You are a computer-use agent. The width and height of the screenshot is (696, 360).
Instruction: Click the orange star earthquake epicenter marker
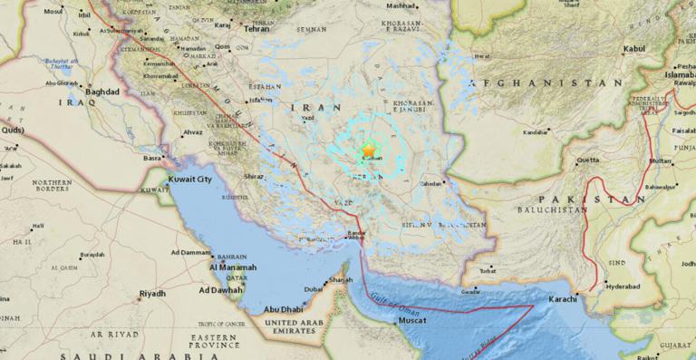click(x=368, y=151)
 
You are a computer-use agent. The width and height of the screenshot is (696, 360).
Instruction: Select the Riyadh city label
click(x=151, y=294)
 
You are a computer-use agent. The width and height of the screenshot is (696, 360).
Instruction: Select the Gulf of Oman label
click(x=399, y=298)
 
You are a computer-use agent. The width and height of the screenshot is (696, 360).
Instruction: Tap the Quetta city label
click(x=588, y=160)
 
